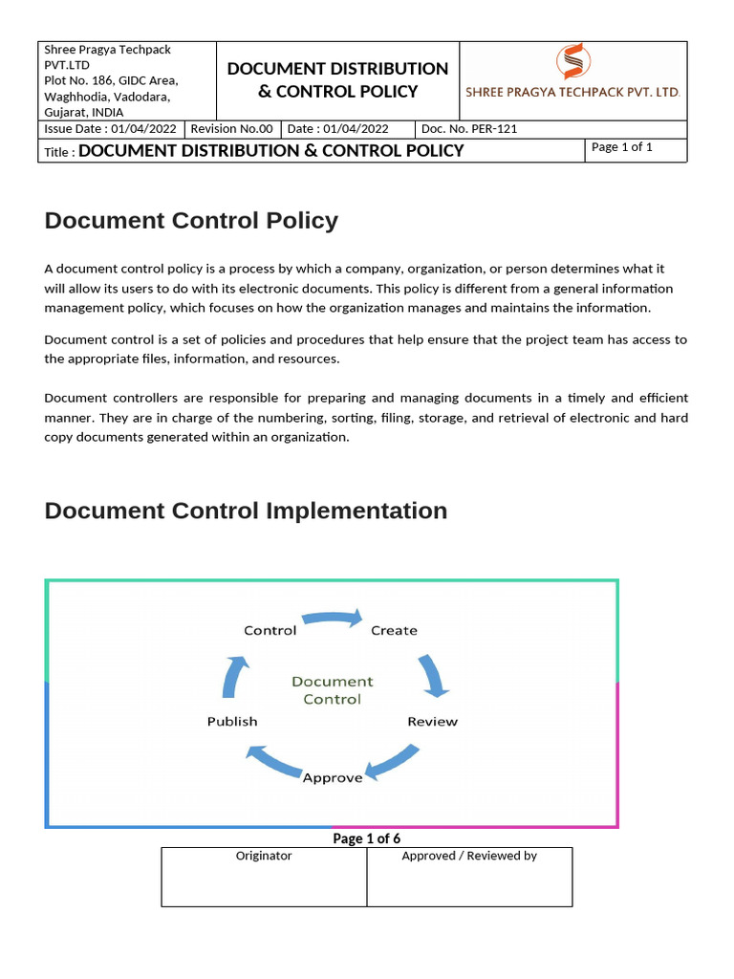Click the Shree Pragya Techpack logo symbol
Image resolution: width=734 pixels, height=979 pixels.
pyautogui.click(x=572, y=63)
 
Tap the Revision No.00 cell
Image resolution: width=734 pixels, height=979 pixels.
pyautogui.click(x=231, y=129)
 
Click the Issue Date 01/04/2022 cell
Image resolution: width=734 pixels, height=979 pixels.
pyautogui.click(x=110, y=129)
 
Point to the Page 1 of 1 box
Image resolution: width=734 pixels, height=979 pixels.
pyautogui.click(x=635, y=149)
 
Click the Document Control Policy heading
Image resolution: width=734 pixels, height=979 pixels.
pyautogui.click(x=191, y=221)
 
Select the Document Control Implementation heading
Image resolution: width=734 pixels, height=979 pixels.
pyautogui.click(x=246, y=511)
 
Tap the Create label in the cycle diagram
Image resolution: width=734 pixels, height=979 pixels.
pyautogui.click(x=394, y=630)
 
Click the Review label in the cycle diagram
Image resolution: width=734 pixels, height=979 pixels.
pyautogui.click(x=432, y=721)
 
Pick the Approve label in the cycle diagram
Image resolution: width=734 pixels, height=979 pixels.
pyautogui.click(x=333, y=777)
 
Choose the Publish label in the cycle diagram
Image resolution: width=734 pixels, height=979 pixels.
pyautogui.click(x=232, y=721)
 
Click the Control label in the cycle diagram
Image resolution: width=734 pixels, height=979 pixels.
pyautogui.click(x=270, y=630)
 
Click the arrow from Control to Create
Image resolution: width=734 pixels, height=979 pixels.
pyautogui.click(x=333, y=618)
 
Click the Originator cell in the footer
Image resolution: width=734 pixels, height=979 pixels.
pyautogui.click(x=264, y=876)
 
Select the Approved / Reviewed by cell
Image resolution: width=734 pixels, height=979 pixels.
pyautogui.click(x=469, y=876)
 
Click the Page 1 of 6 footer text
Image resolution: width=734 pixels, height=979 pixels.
pyautogui.click(x=366, y=838)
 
